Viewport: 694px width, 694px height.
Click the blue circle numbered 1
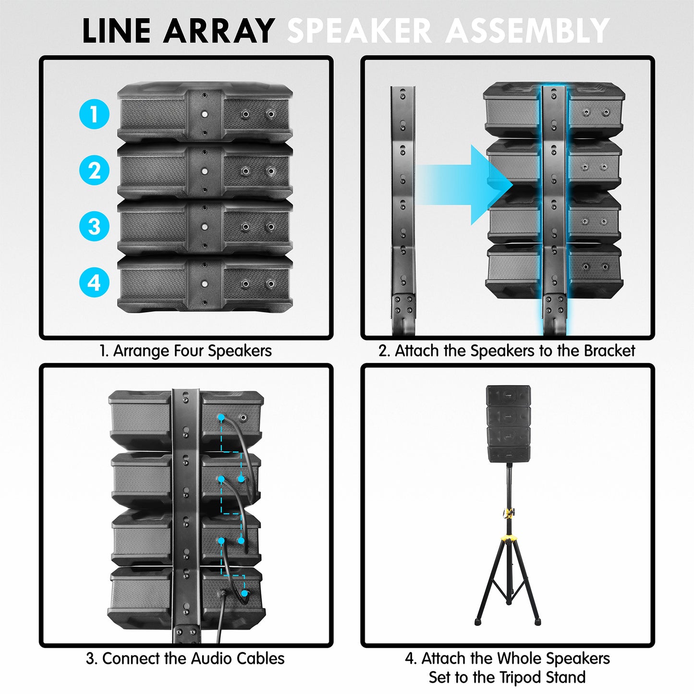94,114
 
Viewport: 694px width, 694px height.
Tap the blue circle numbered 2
94,170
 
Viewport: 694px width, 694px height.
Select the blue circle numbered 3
94,226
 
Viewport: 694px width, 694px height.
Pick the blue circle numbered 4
94,282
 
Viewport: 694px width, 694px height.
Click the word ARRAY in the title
219,31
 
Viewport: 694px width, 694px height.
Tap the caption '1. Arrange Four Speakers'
185,351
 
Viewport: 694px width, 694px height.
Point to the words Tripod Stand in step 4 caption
542,678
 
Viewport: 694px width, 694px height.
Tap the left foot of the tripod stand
478,621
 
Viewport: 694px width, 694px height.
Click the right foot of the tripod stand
537,621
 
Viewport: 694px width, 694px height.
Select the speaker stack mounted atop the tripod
508,424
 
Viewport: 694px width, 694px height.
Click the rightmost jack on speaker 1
271,114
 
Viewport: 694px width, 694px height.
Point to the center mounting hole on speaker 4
205,283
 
